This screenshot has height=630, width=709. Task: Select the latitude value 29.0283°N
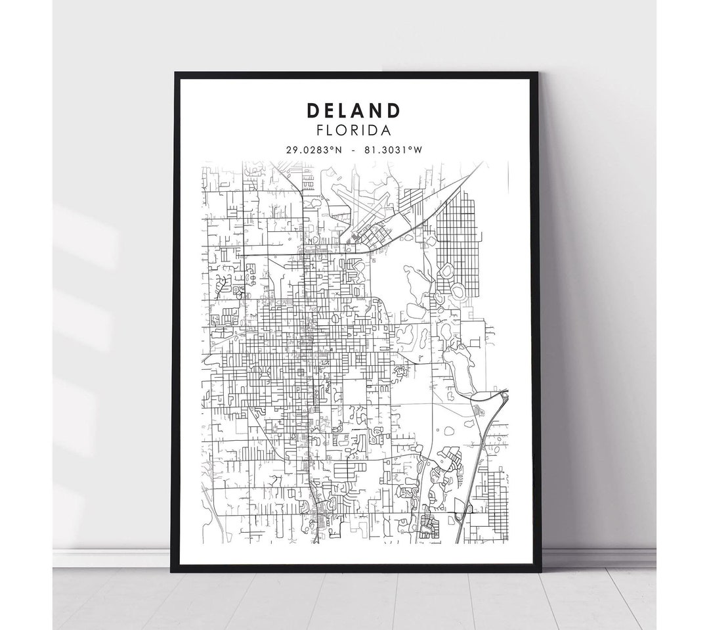click(314, 150)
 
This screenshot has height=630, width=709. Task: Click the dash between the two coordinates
click(354, 150)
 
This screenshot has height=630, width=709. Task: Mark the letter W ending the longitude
click(418, 150)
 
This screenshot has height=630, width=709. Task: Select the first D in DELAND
click(310, 109)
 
